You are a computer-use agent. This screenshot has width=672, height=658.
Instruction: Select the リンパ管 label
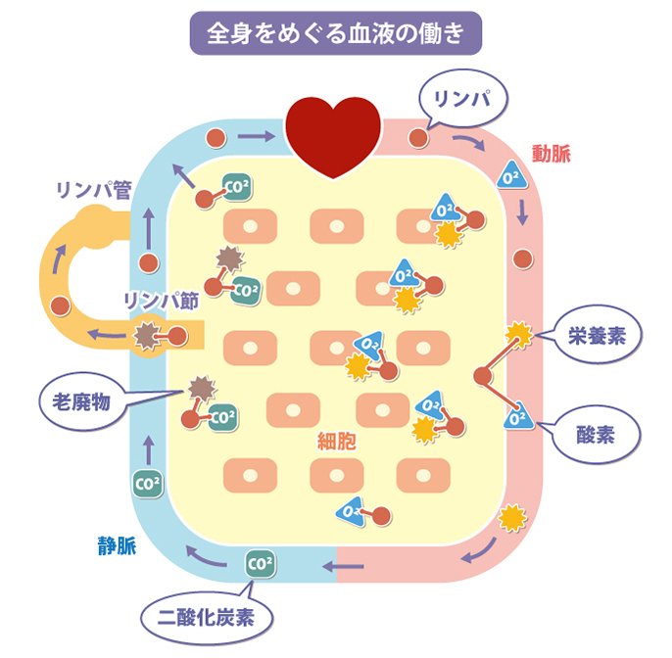pos(93,190)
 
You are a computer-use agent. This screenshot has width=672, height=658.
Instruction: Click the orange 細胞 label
pos(336,442)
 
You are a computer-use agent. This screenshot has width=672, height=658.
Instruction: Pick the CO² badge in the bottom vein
pos(260,564)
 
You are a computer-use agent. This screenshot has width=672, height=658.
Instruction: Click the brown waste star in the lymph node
pos(146,336)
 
